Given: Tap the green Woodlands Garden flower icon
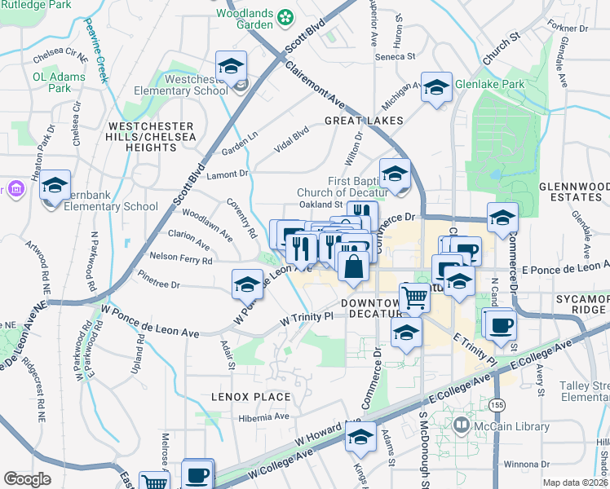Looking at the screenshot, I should pos(285,15).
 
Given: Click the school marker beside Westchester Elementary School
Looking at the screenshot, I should pos(232,66).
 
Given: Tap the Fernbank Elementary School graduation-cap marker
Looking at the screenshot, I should pos(55,185).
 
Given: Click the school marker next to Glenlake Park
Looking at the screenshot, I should pos(436,86).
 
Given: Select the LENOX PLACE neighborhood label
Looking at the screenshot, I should pos(251,397).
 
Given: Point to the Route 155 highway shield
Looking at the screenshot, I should pos(496,405).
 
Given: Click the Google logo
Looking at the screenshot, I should pos(27,478).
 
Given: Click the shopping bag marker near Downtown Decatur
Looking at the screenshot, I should pos(353,267).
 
